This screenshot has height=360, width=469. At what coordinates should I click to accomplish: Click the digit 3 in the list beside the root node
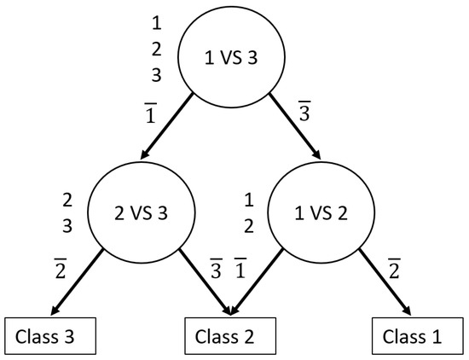coord(155,75)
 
